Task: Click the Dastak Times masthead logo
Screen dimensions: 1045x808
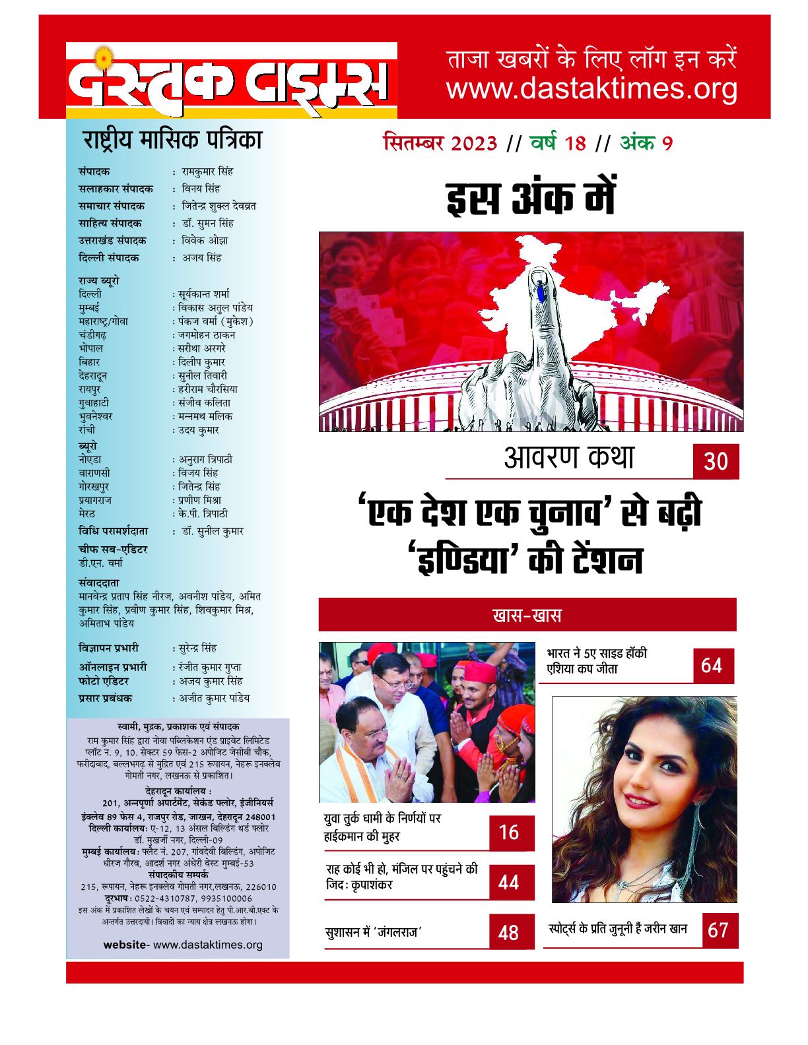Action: click(231, 80)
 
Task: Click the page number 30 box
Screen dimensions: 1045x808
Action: click(716, 461)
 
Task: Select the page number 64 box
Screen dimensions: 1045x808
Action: click(713, 665)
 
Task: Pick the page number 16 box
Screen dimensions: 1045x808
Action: click(511, 833)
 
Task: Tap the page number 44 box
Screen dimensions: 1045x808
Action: click(511, 882)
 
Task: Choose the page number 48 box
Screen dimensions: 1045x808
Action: click(511, 932)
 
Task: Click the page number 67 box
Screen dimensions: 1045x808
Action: click(719, 930)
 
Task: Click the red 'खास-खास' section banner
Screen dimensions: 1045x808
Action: click(527, 616)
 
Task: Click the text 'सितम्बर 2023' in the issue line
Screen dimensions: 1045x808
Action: click(440, 143)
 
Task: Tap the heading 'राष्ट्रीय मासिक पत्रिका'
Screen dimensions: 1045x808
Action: click(172, 141)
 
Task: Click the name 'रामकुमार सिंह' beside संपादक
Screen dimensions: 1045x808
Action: click(207, 172)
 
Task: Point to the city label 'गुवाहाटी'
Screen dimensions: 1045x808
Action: click(94, 402)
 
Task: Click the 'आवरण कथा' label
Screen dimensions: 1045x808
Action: click(568, 457)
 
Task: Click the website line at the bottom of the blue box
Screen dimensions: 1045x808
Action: click(183, 945)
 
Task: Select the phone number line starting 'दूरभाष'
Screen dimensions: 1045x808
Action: click(178, 899)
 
